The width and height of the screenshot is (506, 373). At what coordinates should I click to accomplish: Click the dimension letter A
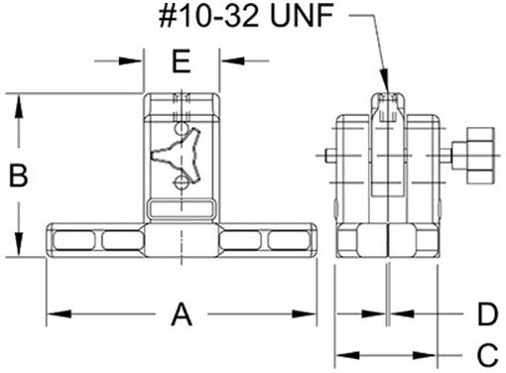pyautogui.click(x=182, y=313)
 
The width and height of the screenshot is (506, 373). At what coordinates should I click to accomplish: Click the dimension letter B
pyautogui.click(x=18, y=176)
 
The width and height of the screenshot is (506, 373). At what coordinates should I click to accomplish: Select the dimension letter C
pyautogui.click(x=487, y=355)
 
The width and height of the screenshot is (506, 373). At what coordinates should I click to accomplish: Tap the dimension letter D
pyautogui.click(x=487, y=313)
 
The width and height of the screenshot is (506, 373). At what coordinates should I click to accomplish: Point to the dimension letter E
pyautogui.click(x=182, y=61)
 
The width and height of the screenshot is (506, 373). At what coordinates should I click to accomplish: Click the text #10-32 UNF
pyautogui.click(x=246, y=16)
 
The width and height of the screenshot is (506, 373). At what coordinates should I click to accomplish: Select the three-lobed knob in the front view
pyautogui.click(x=177, y=155)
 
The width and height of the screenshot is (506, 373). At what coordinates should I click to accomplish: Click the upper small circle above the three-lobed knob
pyautogui.click(x=182, y=128)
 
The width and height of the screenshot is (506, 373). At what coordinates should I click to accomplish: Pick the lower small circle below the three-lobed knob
pyautogui.click(x=181, y=182)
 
